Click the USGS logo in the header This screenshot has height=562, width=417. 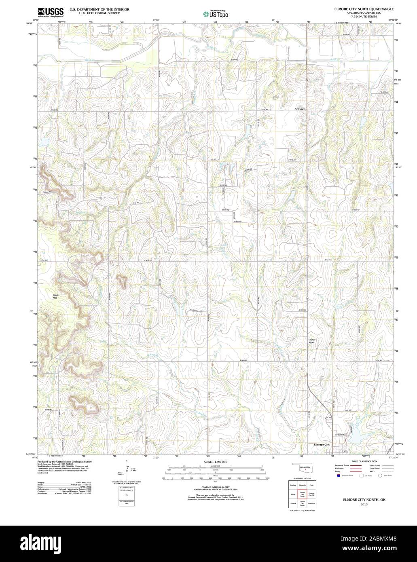click(x=50, y=13)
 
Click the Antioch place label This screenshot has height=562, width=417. click(x=300, y=109)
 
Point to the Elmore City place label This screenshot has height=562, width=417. click(x=322, y=445)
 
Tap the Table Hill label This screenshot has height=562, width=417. click(x=56, y=296)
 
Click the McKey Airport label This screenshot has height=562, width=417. click(x=312, y=341)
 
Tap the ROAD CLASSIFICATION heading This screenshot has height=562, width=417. click(x=364, y=461)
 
